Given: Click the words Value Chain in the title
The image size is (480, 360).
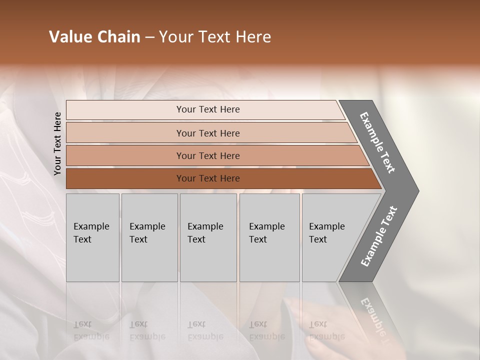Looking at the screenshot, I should (x=94, y=37).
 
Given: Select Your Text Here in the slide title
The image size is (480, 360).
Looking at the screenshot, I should (x=215, y=37).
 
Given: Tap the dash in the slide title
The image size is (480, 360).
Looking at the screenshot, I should (x=149, y=37).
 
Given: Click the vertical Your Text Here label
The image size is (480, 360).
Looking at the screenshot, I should (x=57, y=143).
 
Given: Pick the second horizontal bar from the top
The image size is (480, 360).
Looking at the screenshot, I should (x=207, y=133).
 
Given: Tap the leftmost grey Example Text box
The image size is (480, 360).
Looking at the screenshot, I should (x=92, y=237).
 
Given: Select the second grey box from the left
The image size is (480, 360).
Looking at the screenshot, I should (x=149, y=237).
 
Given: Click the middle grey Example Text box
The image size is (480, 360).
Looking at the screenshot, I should (x=208, y=237).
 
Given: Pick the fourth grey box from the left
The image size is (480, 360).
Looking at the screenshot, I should (x=269, y=237).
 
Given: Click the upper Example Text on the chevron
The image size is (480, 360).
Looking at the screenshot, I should (x=378, y=142).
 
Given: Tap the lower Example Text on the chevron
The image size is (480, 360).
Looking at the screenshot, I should (x=379, y=236).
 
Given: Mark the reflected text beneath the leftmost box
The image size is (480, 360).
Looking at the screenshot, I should (x=91, y=330).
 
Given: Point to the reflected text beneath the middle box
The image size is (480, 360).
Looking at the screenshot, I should (x=205, y=330).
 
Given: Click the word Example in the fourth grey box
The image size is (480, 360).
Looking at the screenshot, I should (x=266, y=226).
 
